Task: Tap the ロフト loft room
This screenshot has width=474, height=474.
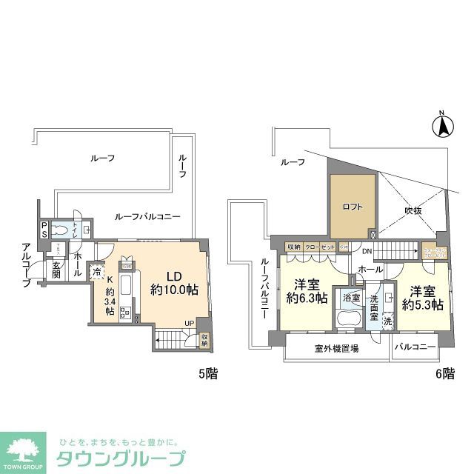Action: [353, 207]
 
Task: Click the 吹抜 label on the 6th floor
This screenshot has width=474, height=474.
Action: [413, 211]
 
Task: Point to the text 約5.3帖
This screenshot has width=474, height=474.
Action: [422, 304]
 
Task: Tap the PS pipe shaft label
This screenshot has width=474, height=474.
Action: [44, 230]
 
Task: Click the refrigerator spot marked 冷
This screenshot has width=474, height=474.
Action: [97, 272]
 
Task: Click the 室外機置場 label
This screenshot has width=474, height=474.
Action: [337, 348]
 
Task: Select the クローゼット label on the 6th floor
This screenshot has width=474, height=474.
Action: [320, 247]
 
